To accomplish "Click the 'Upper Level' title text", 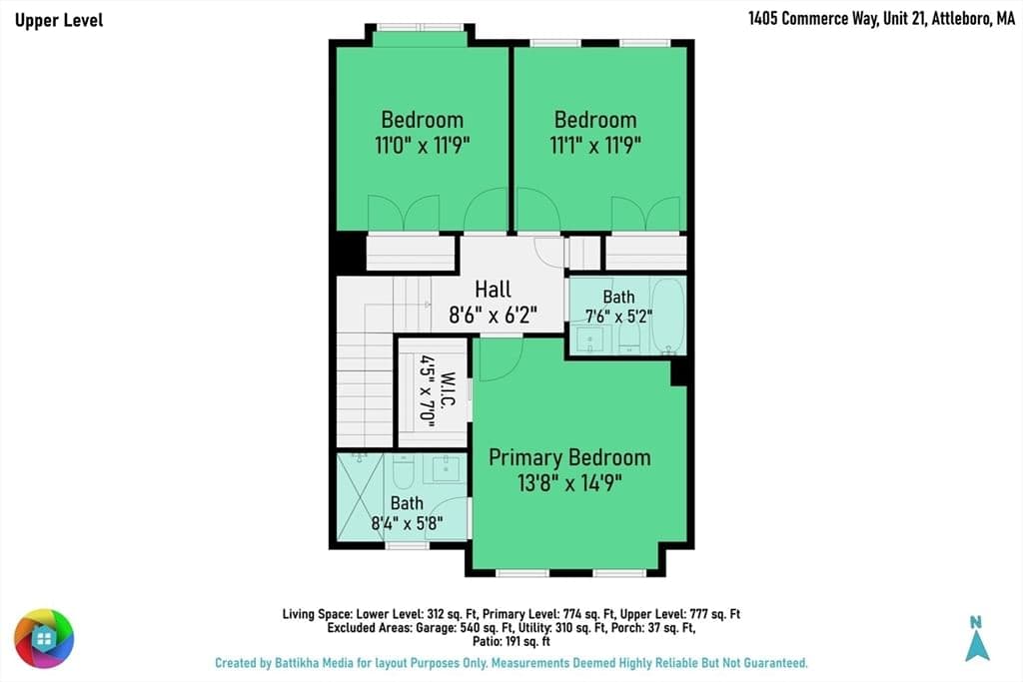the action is (x=59, y=20).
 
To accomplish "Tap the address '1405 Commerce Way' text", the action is (x=813, y=18).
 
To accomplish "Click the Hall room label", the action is (x=493, y=289).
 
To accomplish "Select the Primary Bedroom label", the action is (x=569, y=457).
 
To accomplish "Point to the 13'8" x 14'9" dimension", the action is (x=569, y=483).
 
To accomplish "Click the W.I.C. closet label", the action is (x=448, y=389).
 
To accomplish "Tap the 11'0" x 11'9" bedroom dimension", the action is (x=423, y=145).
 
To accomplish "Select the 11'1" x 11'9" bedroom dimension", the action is (x=595, y=145).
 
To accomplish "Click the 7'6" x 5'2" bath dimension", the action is (x=618, y=317).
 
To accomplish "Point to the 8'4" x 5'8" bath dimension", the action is (x=408, y=523).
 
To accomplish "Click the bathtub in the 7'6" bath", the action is (x=668, y=317).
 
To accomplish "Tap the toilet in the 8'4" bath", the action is (x=404, y=472).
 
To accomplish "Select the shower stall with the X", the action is (x=360, y=496).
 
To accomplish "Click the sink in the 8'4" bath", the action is (x=446, y=468).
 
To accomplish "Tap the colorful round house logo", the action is (x=44, y=638).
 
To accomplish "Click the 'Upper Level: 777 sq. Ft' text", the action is (x=679, y=614).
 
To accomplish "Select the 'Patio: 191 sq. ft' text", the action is (x=511, y=642).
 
